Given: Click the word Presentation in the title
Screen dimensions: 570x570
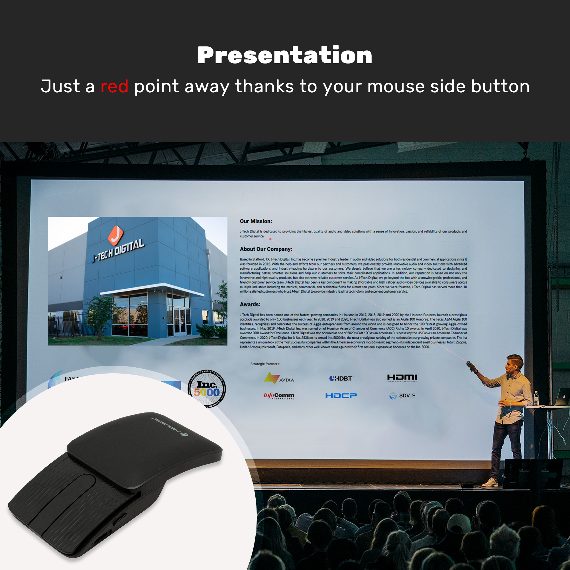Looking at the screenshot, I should [285, 55].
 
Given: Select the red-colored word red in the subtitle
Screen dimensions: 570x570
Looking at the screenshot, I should [114, 86].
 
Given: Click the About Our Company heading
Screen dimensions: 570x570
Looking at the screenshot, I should [266, 249].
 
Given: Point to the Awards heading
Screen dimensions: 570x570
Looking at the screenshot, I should [250, 304].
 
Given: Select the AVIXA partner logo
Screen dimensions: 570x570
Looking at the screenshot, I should [279, 378].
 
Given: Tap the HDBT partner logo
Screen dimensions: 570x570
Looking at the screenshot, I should [341, 378].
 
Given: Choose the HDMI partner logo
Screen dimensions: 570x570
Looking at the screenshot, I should [402, 378].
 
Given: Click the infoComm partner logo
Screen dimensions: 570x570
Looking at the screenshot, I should [279, 395].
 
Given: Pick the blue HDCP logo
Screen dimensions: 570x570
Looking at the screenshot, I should [341, 395].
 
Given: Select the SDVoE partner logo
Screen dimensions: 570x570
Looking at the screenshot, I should [402, 396].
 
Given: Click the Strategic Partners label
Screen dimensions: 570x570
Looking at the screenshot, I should [265, 364].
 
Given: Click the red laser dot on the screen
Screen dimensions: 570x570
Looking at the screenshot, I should [270, 239].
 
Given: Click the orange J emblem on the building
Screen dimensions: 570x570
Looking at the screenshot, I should [115, 235].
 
